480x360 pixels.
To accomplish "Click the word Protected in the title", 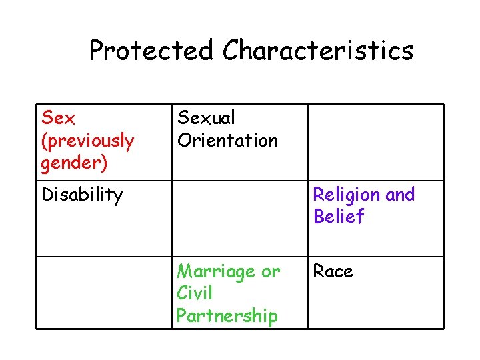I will [151, 51].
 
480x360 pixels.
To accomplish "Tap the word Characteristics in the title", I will [318, 51].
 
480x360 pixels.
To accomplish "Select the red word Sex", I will [58, 119].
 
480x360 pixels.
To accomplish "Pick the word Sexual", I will [206, 118].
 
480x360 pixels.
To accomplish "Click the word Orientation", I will [227, 141].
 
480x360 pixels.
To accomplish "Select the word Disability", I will [82, 195].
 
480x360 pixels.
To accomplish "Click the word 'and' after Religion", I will [400, 195].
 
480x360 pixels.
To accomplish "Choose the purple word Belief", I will [339, 217].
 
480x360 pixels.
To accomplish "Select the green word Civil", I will [194, 293].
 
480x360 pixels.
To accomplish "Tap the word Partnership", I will [227, 316].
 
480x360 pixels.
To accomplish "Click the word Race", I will [333, 271].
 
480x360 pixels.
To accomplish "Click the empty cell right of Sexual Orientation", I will [375, 142].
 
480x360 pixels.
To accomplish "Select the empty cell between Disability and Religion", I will [239, 219].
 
